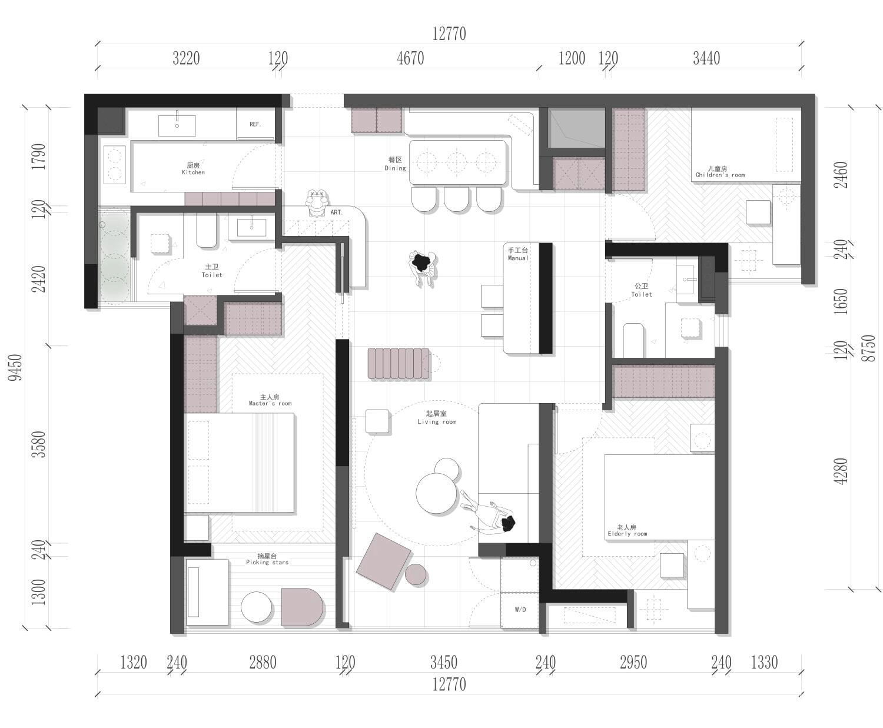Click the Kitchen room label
click(193, 169)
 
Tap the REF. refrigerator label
click(255, 124)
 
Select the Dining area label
click(395, 164)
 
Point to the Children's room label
click(720, 172)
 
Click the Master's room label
click(270, 400)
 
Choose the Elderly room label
click(627, 531)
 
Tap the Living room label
click(436, 417)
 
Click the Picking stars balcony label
click(267, 559)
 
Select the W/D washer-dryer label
click(520, 610)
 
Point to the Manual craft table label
click(517, 254)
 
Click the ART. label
click(336, 212)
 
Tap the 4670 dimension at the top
click(410, 58)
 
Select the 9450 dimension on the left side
click(15, 367)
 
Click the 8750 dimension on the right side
click(869, 348)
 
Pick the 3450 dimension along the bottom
click(444, 662)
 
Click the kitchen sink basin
click(177, 125)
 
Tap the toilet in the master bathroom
click(207, 230)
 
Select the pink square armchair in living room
click(384, 561)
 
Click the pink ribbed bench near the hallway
click(399, 363)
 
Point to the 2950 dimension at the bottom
click(633, 662)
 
